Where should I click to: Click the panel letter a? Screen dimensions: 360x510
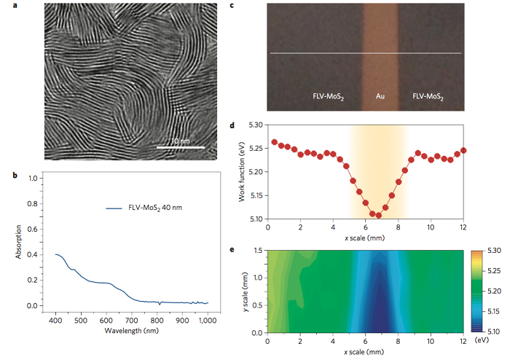(x=25, y=6)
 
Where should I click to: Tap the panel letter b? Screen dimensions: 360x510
(x=25, y=175)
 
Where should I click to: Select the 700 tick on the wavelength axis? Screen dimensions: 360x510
(x=132, y=321)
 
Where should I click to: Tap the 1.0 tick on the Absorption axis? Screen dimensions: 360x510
(x=34, y=178)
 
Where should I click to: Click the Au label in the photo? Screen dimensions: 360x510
(x=380, y=95)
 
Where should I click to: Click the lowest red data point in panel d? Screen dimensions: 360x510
(x=379, y=215)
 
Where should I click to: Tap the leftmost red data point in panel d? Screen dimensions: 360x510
(x=274, y=142)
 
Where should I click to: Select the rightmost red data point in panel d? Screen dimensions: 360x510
(x=463, y=150)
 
